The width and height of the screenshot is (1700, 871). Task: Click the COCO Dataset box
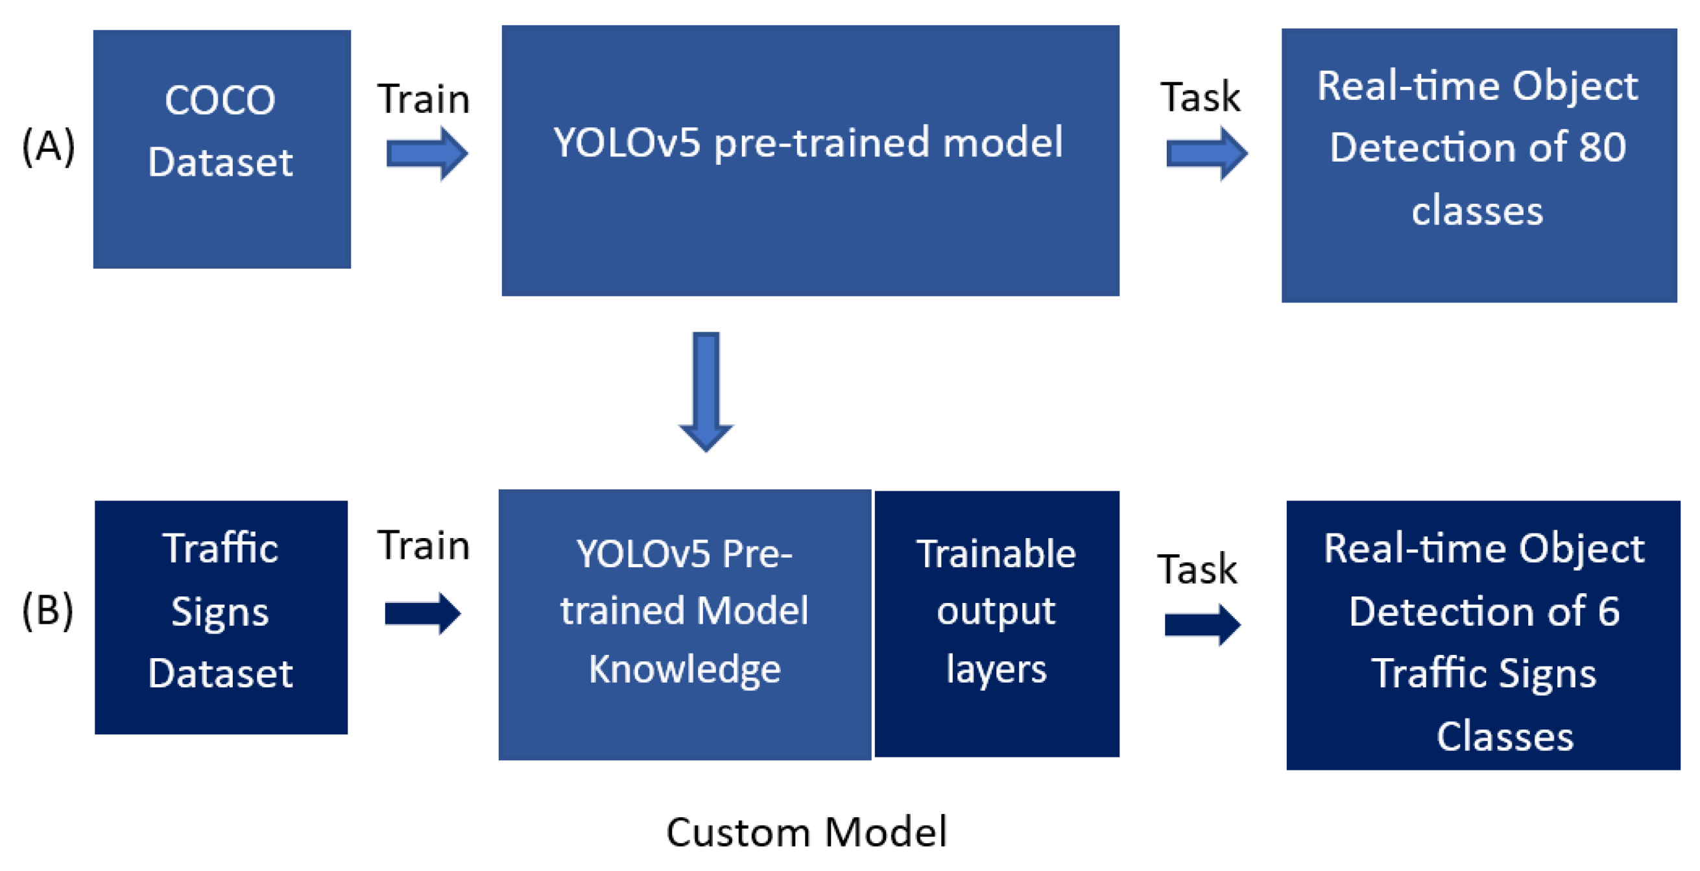[222, 149]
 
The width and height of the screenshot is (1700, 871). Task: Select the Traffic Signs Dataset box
[221, 617]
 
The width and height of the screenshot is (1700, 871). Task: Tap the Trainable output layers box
[996, 623]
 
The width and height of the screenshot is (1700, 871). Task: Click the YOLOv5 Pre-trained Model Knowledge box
[684, 624]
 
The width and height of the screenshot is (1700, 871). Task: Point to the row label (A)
[48, 146]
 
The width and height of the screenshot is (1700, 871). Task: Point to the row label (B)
[47, 610]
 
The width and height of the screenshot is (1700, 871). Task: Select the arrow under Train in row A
[427, 154]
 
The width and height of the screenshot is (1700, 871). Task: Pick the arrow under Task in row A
[1206, 154]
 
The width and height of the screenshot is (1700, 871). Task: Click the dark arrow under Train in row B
[422, 613]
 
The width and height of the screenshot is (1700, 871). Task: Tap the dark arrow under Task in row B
[1202, 624]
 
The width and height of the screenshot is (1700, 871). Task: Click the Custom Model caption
[806, 831]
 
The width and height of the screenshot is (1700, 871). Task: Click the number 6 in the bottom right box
[1609, 611]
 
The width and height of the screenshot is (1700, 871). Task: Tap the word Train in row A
[424, 99]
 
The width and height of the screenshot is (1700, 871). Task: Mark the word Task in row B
[1197, 569]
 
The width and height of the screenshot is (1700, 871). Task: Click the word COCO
[220, 101]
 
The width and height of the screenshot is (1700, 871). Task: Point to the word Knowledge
[684, 669]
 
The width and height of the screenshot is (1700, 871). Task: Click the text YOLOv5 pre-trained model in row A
[808, 142]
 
